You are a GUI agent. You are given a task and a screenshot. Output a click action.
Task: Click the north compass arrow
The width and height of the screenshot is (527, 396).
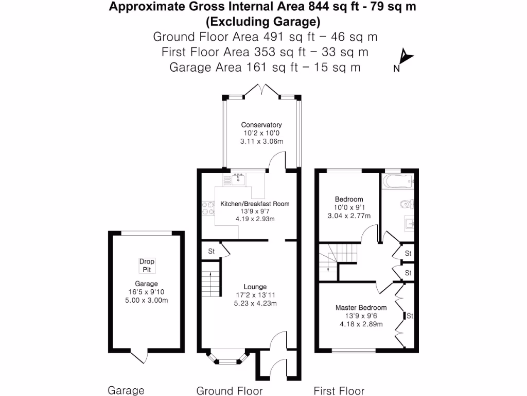tap(405, 56)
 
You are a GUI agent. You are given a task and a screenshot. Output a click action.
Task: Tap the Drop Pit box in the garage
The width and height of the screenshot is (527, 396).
tap(147, 266)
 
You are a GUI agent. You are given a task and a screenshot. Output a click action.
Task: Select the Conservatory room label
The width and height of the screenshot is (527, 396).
tap(262, 125)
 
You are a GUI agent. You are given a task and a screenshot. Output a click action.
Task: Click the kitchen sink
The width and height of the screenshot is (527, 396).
tap(237, 180)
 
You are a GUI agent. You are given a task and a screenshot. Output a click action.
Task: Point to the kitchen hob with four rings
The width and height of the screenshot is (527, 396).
tap(209, 208)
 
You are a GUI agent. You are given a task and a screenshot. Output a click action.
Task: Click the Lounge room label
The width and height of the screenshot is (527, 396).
tap(255, 287)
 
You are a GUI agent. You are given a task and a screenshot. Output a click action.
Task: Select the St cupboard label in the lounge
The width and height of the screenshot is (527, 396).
tap(211, 252)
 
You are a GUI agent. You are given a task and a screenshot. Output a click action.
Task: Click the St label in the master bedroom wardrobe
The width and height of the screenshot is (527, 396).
tap(410, 316)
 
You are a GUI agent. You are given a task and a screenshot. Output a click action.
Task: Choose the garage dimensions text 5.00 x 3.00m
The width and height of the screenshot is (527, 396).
tap(147, 301)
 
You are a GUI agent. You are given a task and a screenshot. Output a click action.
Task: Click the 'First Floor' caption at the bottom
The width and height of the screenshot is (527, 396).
tap(339, 391)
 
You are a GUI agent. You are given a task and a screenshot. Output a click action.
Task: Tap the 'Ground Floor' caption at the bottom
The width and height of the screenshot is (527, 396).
tap(230, 391)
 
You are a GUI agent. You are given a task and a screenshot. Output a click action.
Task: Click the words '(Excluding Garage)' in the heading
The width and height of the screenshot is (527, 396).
tap(263, 22)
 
